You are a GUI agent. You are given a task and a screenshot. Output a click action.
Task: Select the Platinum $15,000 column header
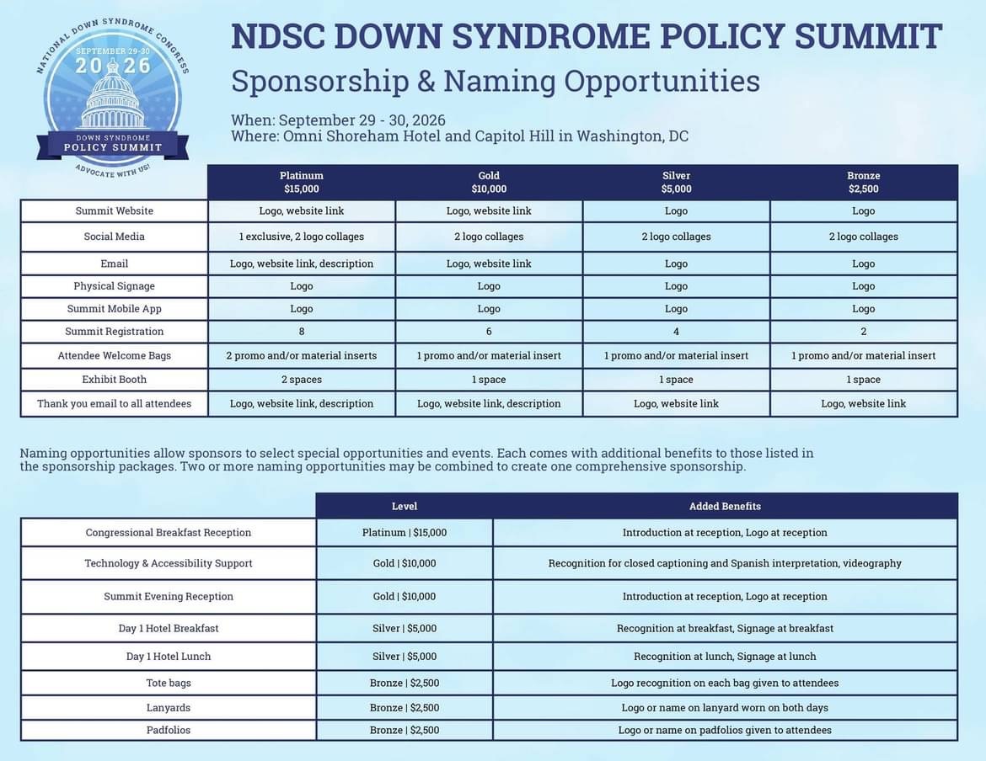(x=301, y=182)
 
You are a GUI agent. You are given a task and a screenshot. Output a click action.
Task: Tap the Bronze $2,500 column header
(x=863, y=182)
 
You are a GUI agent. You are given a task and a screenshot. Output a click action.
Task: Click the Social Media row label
(x=114, y=237)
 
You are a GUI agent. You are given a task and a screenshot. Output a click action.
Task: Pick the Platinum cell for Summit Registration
(x=301, y=332)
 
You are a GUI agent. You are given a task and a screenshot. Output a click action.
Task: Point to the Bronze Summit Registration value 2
(x=863, y=332)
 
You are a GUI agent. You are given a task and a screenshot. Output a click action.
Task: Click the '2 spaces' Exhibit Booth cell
(x=301, y=380)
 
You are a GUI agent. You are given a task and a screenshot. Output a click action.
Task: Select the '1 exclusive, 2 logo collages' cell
(x=301, y=237)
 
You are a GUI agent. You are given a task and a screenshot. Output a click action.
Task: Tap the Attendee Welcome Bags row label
(x=114, y=355)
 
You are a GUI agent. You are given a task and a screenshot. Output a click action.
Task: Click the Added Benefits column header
(x=725, y=506)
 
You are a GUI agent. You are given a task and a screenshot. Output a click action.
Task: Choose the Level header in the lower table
(x=405, y=506)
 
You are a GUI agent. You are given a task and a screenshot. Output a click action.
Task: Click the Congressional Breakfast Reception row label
(x=168, y=533)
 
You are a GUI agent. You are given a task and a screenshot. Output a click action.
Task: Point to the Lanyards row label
(x=168, y=708)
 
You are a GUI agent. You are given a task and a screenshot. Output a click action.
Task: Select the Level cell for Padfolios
(x=405, y=730)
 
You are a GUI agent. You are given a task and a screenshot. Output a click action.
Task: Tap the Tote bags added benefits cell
(x=725, y=684)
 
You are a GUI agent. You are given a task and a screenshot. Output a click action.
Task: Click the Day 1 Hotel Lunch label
(x=168, y=656)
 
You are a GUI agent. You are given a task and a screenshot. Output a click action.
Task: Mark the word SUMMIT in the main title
(x=868, y=36)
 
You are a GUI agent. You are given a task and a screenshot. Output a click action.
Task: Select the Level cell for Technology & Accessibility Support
(x=405, y=563)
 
